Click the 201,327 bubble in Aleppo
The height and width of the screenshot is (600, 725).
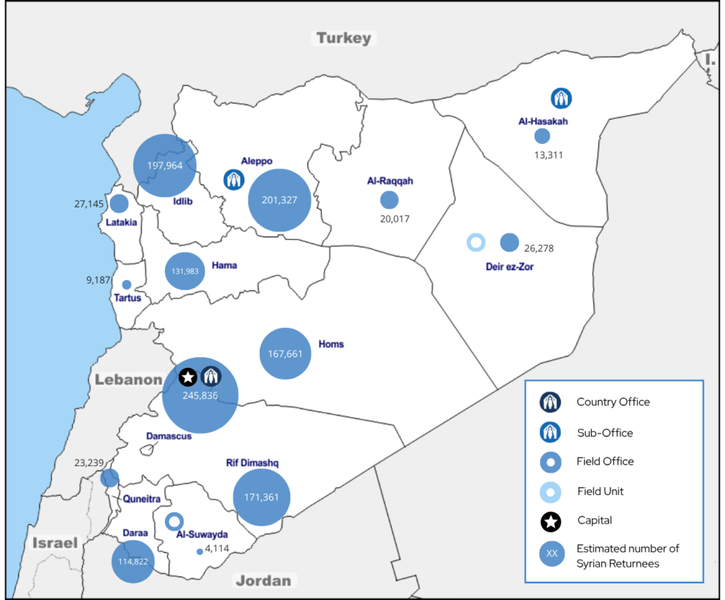point(279,200)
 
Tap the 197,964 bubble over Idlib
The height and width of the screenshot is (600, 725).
point(165,165)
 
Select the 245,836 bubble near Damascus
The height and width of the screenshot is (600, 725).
point(200,395)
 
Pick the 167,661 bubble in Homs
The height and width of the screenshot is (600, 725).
point(286,353)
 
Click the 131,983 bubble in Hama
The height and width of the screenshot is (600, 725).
point(185,271)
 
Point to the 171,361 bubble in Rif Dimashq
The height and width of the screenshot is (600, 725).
point(261,497)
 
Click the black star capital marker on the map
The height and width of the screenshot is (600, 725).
point(188,378)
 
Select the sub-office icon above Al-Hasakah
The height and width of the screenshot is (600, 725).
point(562,98)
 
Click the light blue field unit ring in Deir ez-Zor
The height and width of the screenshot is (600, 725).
point(476,243)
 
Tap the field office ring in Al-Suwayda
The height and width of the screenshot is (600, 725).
point(174,522)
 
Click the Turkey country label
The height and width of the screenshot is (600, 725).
point(343,38)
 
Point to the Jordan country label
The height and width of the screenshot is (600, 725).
point(263,581)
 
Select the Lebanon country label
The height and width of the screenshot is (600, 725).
point(129,380)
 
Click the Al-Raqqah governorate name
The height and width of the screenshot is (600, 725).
point(389,181)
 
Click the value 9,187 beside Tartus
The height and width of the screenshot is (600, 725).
point(98,280)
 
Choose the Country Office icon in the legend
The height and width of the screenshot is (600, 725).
point(551,402)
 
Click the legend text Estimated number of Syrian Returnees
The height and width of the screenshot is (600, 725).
point(628,555)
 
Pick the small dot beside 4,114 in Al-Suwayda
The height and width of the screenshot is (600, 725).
point(200,552)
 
